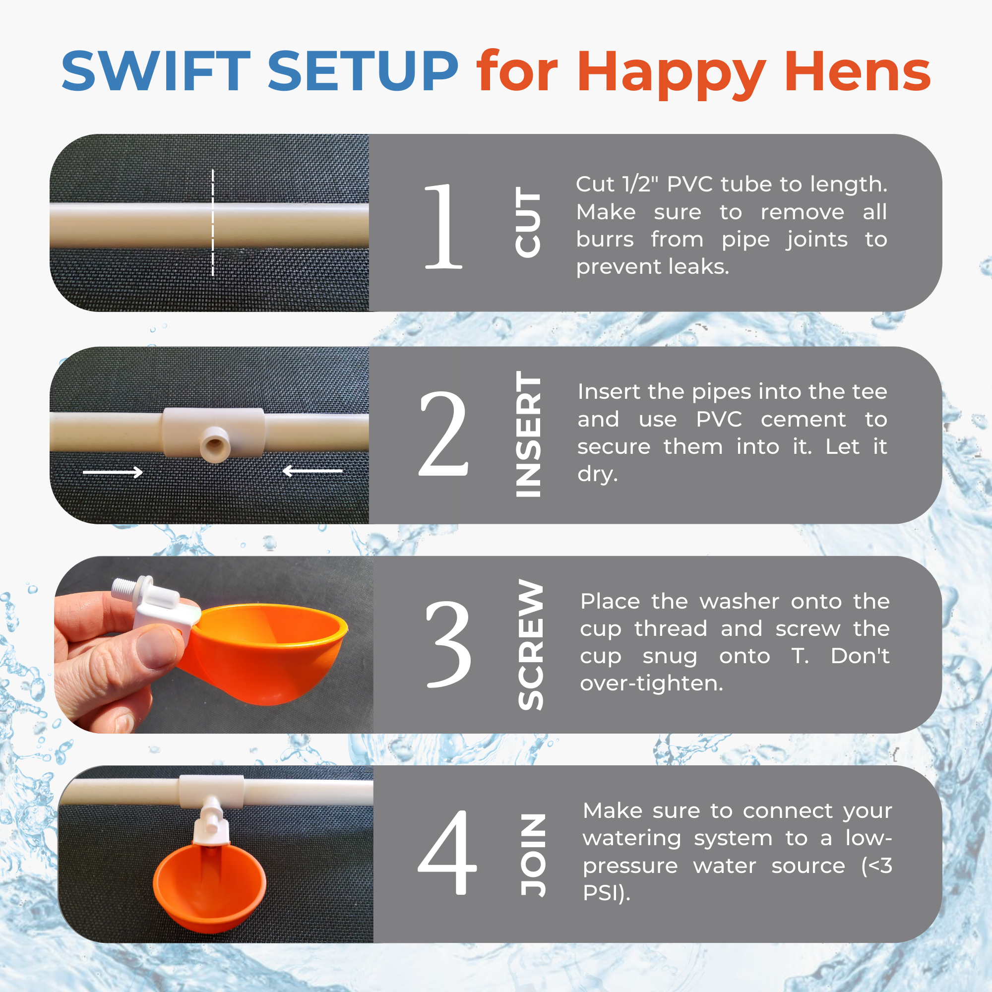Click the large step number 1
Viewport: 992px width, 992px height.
(x=442, y=226)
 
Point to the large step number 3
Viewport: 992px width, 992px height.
(x=448, y=644)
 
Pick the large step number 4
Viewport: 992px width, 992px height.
(x=447, y=853)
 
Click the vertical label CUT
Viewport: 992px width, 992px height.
(x=528, y=222)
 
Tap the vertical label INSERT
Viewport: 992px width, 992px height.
(x=528, y=434)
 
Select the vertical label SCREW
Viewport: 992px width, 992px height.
(x=530, y=645)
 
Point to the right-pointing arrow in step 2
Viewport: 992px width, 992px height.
(x=113, y=472)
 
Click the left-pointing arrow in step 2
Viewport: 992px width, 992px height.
(x=312, y=471)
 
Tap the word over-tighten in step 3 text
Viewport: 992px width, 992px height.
(x=651, y=683)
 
